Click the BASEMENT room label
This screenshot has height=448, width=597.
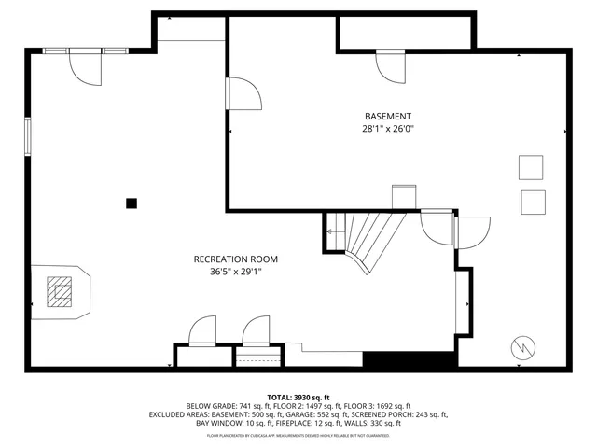[x=387, y=116]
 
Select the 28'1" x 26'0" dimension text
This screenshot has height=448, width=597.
[x=387, y=129]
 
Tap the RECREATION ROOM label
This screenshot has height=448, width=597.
[x=235, y=259]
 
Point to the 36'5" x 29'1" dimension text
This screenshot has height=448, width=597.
[x=235, y=272]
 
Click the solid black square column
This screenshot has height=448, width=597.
[x=132, y=203]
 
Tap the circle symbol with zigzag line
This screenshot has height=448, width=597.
[x=522, y=348]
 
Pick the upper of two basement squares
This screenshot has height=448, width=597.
[x=532, y=166]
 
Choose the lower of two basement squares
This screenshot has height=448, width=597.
[x=533, y=203]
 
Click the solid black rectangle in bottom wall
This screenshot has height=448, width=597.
[x=409, y=360]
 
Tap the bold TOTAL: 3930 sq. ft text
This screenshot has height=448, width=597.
[x=298, y=397]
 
